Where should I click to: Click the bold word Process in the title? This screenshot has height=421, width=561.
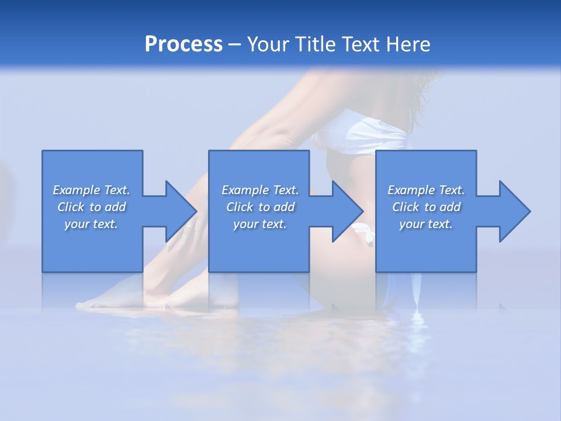coord(183,44)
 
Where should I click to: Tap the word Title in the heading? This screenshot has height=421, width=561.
coord(316,44)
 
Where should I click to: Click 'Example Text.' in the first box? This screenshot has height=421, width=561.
coord(91,190)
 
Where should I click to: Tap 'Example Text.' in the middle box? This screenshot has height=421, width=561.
coord(259,190)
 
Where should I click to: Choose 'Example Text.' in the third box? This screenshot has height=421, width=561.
coord(426,190)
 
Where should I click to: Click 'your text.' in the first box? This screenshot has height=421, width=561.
coord(91,224)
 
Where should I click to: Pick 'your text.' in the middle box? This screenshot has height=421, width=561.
coord(259,224)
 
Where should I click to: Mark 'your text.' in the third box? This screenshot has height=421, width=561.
coord(426,224)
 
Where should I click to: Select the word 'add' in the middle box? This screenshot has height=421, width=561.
coord(284,207)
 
